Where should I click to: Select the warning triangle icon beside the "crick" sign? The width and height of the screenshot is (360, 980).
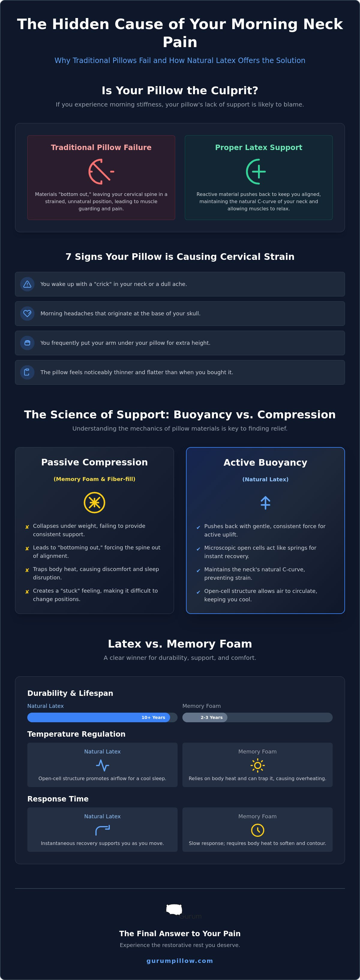(x=27, y=284)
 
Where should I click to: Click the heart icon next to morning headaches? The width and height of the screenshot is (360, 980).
(x=27, y=314)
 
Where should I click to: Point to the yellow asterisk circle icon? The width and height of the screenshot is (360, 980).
(x=94, y=503)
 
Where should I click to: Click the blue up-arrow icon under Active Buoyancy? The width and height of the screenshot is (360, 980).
(x=265, y=503)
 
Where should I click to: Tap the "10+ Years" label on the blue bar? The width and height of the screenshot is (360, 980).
(x=153, y=717)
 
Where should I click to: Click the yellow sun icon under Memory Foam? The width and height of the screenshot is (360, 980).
(x=258, y=765)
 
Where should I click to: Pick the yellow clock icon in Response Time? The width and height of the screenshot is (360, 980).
(x=258, y=830)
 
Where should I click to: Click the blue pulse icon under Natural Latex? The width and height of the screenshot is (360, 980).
(x=102, y=765)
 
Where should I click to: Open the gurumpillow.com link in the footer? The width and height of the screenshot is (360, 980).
(x=180, y=960)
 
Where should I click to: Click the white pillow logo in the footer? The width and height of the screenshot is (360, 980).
(x=174, y=909)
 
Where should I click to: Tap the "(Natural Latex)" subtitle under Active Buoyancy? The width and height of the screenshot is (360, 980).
(x=265, y=479)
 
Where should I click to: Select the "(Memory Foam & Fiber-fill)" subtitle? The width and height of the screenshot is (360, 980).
(x=94, y=479)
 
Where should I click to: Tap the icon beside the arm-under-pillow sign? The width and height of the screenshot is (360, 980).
(x=27, y=343)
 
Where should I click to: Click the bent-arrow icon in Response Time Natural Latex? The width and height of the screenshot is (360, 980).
(x=102, y=830)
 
